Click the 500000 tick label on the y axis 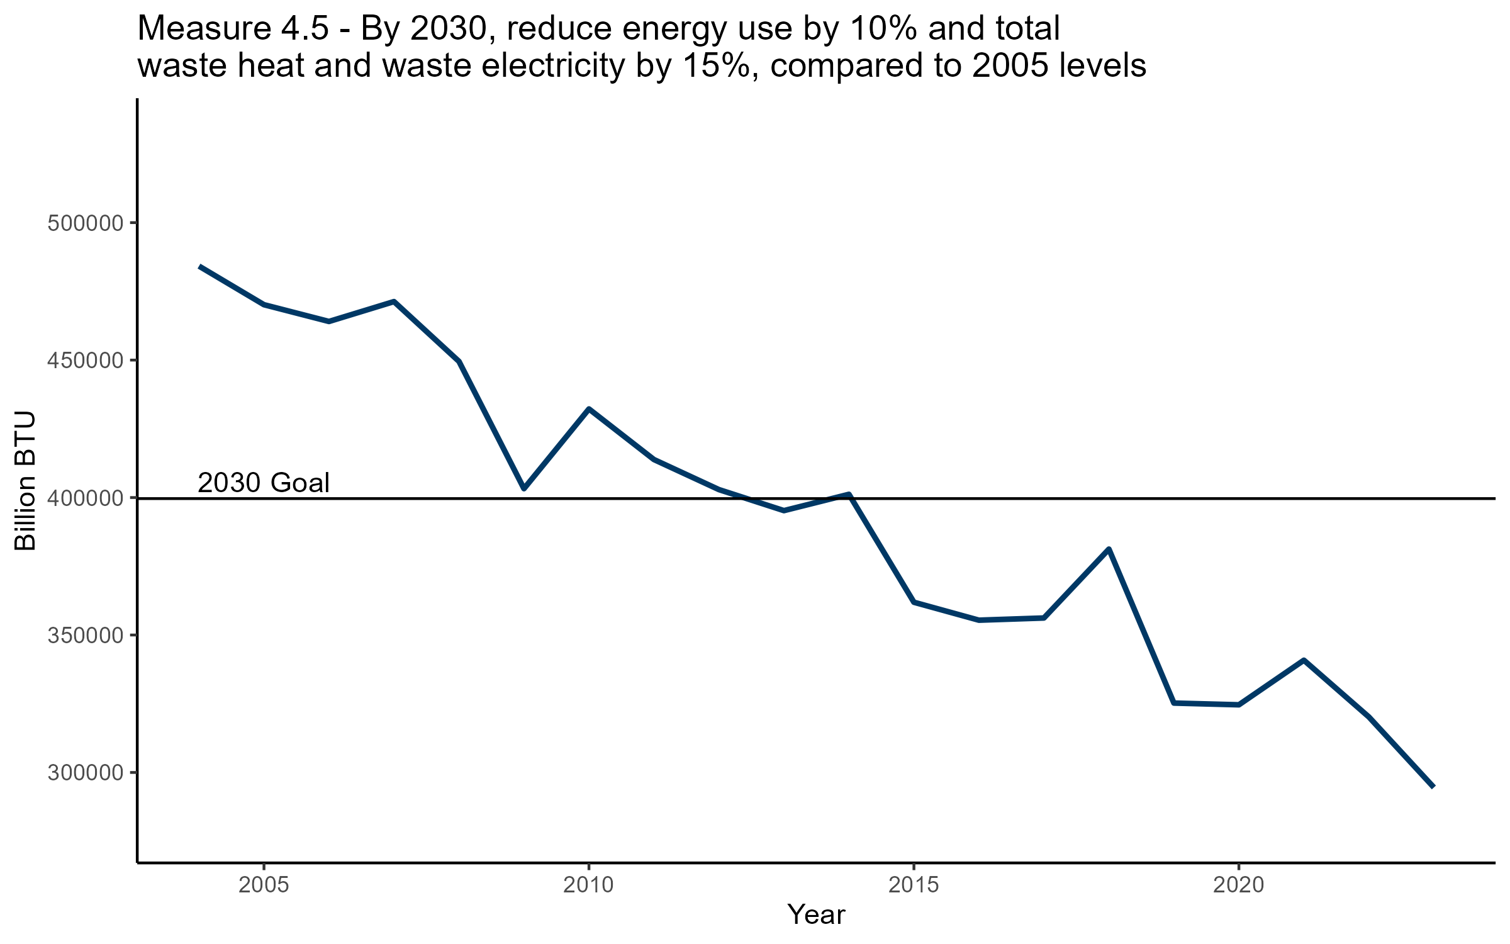pos(84,223)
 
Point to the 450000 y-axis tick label pos(84,361)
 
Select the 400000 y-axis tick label pos(84,498)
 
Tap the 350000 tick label pos(84,636)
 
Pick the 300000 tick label pos(84,773)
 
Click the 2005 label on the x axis pos(264,885)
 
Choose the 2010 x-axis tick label pos(588,885)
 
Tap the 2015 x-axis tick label pos(913,885)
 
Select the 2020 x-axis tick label pos(1238,885)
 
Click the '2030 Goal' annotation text pos(264,483)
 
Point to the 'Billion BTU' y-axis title pos(25,481)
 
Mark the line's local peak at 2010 pos(588,409)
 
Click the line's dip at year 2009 pos(523,488)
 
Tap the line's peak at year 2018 pos(1109,549)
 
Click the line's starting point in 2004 pos(199,267)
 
